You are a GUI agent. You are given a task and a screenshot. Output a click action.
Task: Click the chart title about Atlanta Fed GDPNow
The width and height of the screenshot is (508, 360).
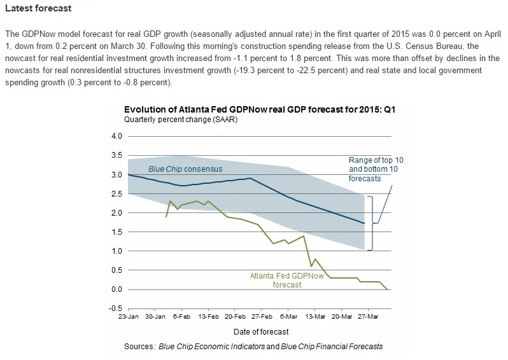[x=259, y=109]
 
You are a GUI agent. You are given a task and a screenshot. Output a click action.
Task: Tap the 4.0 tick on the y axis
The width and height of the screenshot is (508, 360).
[x=115, y=136]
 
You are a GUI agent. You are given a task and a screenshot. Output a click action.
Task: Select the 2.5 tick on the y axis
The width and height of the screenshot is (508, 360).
[x=115, y=193]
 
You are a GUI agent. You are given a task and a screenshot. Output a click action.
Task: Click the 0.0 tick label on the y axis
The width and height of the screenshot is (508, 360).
[x=115, y=289]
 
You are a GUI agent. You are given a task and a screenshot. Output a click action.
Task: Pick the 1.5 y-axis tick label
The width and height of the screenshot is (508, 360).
[x=115, y=232]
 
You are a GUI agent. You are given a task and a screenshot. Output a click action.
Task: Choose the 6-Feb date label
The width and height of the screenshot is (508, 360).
[x=182, y=316]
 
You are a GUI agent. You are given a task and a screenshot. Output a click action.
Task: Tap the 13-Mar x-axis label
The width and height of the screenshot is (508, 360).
[x=316, y=316]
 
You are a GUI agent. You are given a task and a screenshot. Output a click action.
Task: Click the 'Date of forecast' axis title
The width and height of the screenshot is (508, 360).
[x=260, y=331]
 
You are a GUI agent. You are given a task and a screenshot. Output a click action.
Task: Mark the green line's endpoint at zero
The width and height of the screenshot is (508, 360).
[x=388, y=289]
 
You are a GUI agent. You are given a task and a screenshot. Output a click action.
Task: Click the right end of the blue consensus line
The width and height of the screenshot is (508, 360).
[x=363, y=223]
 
